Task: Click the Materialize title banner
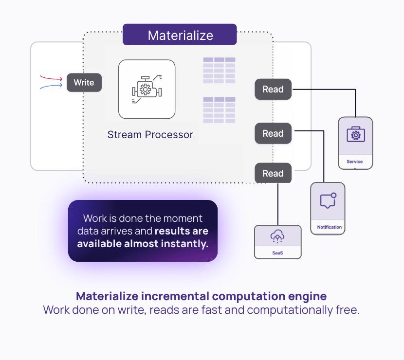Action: pyautogui.click(x=180, y=35)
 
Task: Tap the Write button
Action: pyautogui.click(x=84, y=83)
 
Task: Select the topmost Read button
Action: pyautogui.click(x=273, y=90)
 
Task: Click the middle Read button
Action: pyautogui.click(x=273, y=134)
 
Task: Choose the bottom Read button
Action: pyautogui.click(x=273, y=174)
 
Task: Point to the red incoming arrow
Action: pyautogui.click(x=51, y=78)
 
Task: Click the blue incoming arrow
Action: pyautogui.click(x=51, y=87)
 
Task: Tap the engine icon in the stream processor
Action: pyautogui.click(x=147, y=89)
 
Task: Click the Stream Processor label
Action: pyautogui.click(x=150, y=135)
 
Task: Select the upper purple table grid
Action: pyautogui.click(x=219, y=70)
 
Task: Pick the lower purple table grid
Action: pyautogui.click(x=219, y=110)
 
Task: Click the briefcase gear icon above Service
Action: pyautogui.click(x=355, y=135)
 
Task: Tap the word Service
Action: pyautogui.click(x=355, y=162)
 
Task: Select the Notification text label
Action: pyautogui.click(x=330, y=227)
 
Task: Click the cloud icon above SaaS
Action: pyautogui.click(x=277, y=237)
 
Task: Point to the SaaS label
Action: pyautogui.click(x=277, y=253)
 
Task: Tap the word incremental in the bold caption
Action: pyautogui.click(x=176, y=296)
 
